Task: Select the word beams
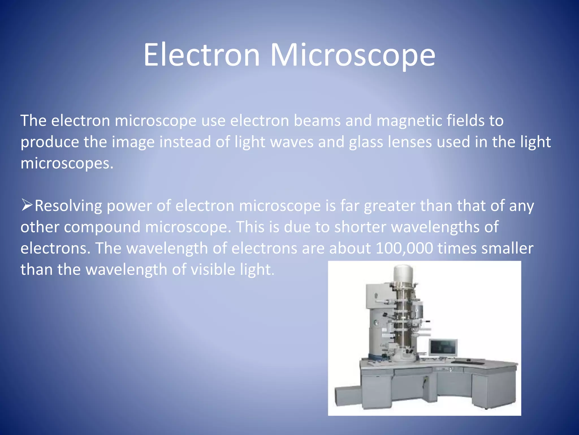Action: pos(317,121)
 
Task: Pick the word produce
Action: pos(49,142)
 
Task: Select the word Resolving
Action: pos(68,206)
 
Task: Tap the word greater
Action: pos(389,206)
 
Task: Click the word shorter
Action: pos(360,227)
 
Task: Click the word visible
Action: pos(213,269)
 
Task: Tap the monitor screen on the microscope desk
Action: pos(443,347)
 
